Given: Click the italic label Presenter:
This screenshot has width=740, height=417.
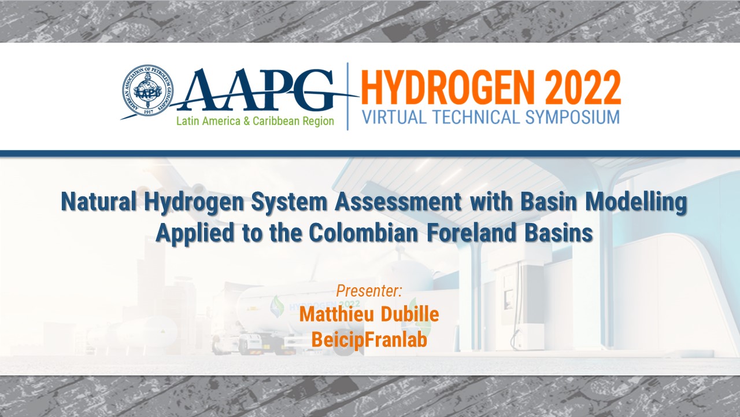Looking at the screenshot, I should click(x=369, y=291).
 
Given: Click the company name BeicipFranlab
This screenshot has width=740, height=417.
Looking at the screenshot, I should click(x=369, y=339).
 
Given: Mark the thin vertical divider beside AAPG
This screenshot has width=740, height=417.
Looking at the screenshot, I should click(x=347, y=96).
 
